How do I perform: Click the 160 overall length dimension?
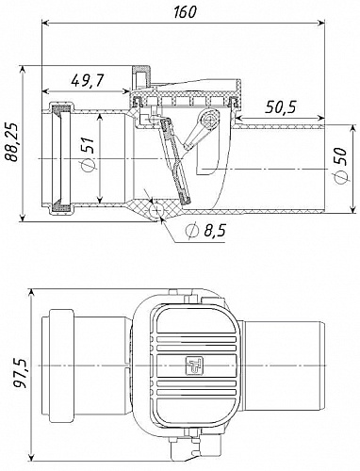click(185, 11)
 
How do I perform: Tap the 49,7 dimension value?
click(87, 81)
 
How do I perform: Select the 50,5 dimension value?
click(281, 107)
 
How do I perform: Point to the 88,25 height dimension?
click(13, 143)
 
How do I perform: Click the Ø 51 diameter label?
click(88, 154)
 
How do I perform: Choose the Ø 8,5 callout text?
click(205, 231)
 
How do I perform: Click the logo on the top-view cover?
click(194, 365)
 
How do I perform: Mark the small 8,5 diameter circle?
click(156, 210)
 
